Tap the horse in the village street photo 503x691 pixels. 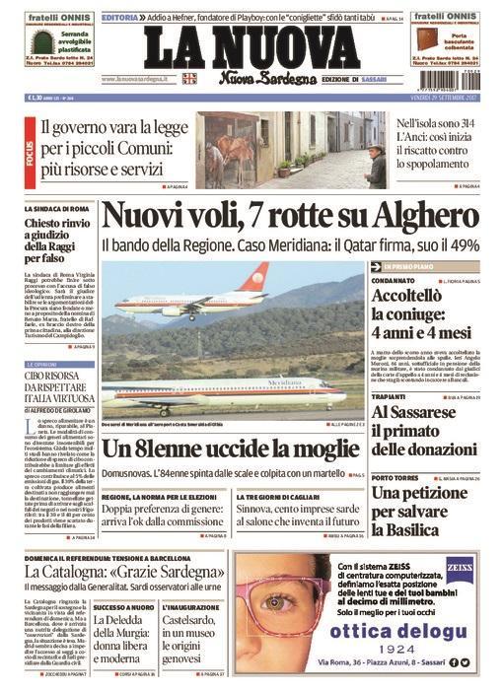[230, 157]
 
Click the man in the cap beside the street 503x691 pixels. [376, 162]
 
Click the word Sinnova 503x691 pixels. [257, 509]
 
